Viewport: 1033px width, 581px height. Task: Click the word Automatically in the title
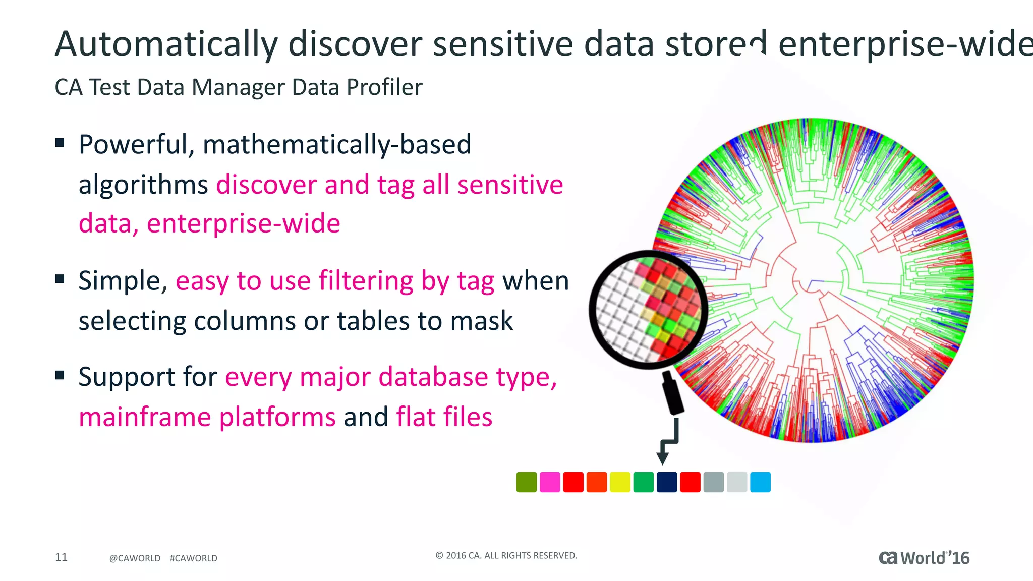[x=166, y=44]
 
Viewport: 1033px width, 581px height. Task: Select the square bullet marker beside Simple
[x=60, y=279]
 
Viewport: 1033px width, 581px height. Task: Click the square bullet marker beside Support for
[x=60, y=375]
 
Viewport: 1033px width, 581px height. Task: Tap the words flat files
[x=444, y=417]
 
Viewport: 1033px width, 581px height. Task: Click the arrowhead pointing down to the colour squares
[x=662, y=458]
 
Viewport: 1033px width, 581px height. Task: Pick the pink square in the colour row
[x=550, y=482]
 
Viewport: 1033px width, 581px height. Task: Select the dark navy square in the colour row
[x=667, y=482]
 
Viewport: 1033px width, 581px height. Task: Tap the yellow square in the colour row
[x=620, y=482]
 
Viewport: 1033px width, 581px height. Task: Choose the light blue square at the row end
[x=760, y=482]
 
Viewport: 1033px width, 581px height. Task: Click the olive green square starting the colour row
[x=527, y=482]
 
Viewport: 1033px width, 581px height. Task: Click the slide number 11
[x=61, y=557]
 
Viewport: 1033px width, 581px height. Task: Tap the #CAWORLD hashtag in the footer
[x=193, y=558]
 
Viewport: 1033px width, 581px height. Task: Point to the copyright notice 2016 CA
[x=506, y=555]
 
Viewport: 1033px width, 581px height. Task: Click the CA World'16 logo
[x=924, y=558]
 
